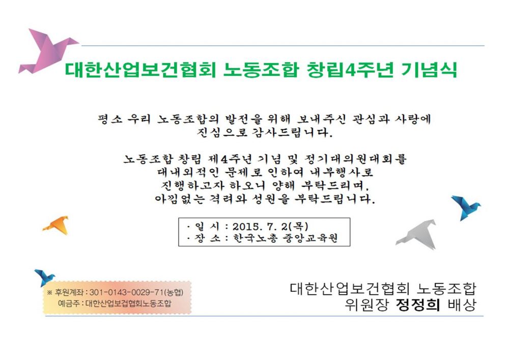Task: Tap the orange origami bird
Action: click(x=58, y=225)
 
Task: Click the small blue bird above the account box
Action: click(x=45, y=278)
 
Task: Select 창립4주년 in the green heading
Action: click(x=350, y=69)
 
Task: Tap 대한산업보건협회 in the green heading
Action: click(x=140, y=69)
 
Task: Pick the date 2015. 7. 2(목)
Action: click(x=270, y=226)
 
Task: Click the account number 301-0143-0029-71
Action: click(x=127, y=292)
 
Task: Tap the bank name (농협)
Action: click(x=174, y=292)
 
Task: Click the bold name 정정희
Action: click(x=418, y=304)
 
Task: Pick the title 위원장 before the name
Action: click(x=366, y=304)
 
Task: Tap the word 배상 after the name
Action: click(x=462, y=304)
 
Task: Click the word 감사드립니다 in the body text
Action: click(x=293, y=132)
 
